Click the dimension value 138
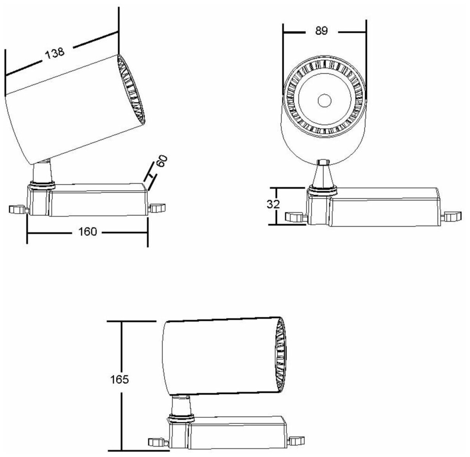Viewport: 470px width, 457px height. pyautogui.click(x=54, y=53)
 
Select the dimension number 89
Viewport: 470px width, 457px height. pyautogui.click(x=321, y=31)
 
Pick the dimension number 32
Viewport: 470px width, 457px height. pyautogui.click(x=273, y=204)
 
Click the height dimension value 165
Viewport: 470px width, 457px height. pyautogui.click(x=119, y=379)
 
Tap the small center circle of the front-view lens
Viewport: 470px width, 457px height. pyautogui.click(x=324, y=101)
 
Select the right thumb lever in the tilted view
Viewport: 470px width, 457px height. pyautogui.click(x=157, y=208)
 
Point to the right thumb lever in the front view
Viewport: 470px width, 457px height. pyautogui.click(x=453, y=216)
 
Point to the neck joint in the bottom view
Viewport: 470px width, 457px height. pyautogui.click(x=181, y=405)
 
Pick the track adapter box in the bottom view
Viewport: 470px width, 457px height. pyautogui.click(x=237, y=431)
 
